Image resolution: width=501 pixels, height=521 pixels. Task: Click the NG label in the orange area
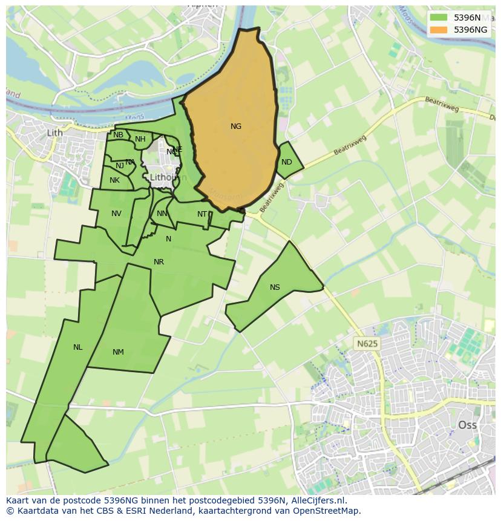236,126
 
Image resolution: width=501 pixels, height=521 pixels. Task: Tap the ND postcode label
287,162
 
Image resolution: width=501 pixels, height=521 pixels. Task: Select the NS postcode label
275,287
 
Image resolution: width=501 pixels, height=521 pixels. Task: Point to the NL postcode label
77,347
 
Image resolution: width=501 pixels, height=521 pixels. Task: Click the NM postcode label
118,352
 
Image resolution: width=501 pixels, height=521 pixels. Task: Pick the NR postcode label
159,262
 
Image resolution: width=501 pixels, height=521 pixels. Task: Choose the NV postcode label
116,214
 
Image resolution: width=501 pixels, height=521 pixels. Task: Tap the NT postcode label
202,214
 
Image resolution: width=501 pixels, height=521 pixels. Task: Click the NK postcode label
114,180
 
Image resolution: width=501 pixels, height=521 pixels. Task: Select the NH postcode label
140,139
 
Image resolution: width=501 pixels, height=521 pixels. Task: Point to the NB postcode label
118,135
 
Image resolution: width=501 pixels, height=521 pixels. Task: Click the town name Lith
54,133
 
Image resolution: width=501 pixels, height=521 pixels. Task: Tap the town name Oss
467,425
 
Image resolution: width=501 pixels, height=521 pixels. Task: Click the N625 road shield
367,344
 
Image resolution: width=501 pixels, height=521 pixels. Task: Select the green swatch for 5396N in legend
439,18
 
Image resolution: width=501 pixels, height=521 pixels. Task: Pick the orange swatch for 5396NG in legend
439,30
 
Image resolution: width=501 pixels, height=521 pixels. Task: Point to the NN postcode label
162,214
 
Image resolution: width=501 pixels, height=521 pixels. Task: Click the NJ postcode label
120,166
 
